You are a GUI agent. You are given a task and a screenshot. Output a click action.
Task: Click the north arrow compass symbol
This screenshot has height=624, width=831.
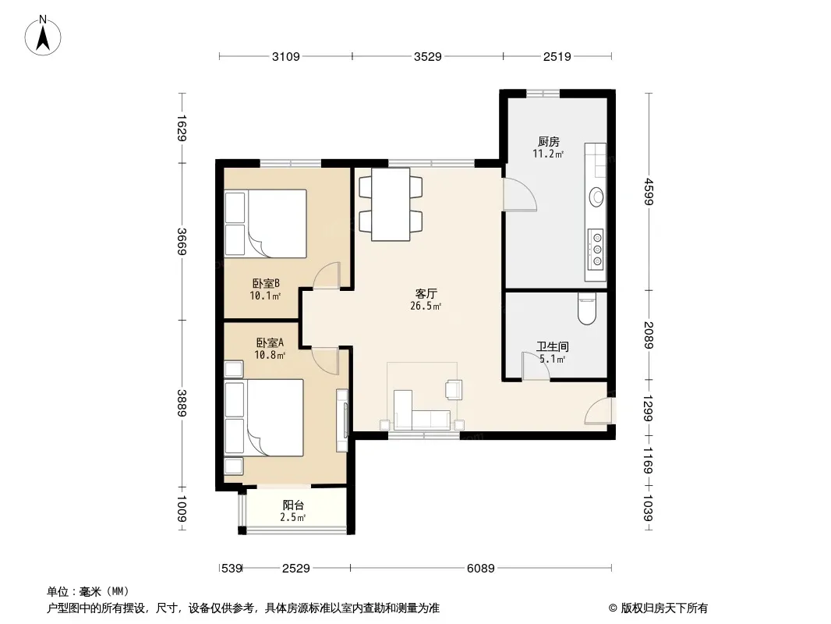tap(43, 36)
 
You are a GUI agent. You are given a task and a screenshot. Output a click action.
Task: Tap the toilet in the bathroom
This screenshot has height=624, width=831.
tap(587, 309)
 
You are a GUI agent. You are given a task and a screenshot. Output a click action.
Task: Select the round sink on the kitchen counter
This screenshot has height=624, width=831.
tap(597, 197)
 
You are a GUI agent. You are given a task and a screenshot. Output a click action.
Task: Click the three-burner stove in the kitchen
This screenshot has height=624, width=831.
tap(596, 248)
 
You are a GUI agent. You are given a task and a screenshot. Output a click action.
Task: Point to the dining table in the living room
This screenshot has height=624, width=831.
tap(391, 204)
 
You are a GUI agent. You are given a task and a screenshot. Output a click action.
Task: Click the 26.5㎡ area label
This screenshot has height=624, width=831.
tap(426, 306)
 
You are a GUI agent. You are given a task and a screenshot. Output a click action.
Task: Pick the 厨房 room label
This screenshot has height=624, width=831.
tap(549, 141)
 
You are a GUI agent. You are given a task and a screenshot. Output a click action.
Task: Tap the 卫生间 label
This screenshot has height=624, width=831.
tap(552, 347)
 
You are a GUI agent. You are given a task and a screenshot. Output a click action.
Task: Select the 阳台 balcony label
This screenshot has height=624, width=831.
tap(293, 505)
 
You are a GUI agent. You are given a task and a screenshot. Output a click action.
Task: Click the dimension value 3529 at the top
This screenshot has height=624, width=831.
tap(428, 56)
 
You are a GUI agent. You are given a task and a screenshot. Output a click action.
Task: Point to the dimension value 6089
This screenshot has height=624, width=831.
tap(481, 569)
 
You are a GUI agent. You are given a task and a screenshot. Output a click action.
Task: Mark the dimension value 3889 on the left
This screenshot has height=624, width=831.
tap(182, 403)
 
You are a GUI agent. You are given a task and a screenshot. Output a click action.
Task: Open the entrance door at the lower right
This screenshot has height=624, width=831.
tap(599, 411)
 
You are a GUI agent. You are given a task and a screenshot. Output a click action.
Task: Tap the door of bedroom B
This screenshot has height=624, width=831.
tap(325, 275)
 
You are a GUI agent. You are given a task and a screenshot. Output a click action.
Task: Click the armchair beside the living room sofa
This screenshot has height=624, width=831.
tap(454, 389)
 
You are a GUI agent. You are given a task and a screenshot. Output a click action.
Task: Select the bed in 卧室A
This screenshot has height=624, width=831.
tap(264, 417)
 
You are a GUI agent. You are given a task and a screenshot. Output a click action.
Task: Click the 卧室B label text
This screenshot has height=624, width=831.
tap(266, 284)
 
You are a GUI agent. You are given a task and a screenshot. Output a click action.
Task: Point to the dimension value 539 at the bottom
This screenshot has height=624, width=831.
tap(232, 569)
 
